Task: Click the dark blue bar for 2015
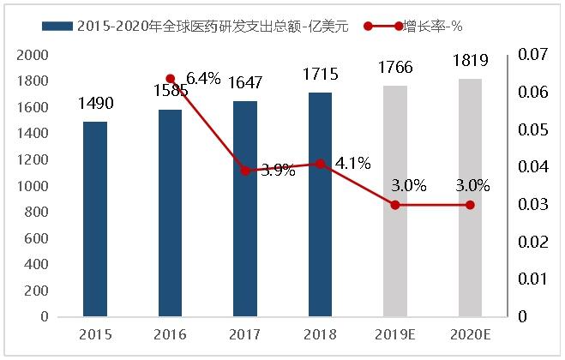pos(95,219)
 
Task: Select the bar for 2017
pos(245,209)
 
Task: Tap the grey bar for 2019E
pos(395,201)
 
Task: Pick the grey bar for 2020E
pos(470,198)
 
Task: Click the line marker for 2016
pos(170,79)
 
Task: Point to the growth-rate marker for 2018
pos(320,164)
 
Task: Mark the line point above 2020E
pos(470,205)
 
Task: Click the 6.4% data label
pos(203,79)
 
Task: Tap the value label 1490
pos(95,104)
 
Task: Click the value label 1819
pos(470,60)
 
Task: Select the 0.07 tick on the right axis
pos(534,56)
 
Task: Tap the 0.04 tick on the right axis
pos(534,167)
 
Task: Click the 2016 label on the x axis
pos(170,334)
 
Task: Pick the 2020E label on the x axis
pos(470,334)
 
